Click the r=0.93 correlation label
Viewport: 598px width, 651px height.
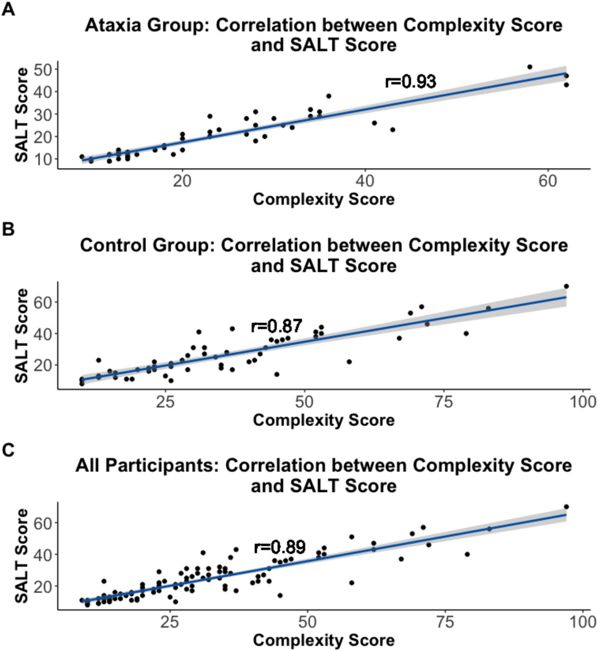[x=411, y=81]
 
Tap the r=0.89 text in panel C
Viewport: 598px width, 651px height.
[x=280, y=547]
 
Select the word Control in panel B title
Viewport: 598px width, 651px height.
[x=114, y=246]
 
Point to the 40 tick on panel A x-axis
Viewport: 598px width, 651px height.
[x=365, y=183]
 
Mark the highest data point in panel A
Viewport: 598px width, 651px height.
[x=530, y=67]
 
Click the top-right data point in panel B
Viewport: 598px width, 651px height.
[x=567, y=286]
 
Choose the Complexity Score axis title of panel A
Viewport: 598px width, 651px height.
[x=324, y=200]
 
